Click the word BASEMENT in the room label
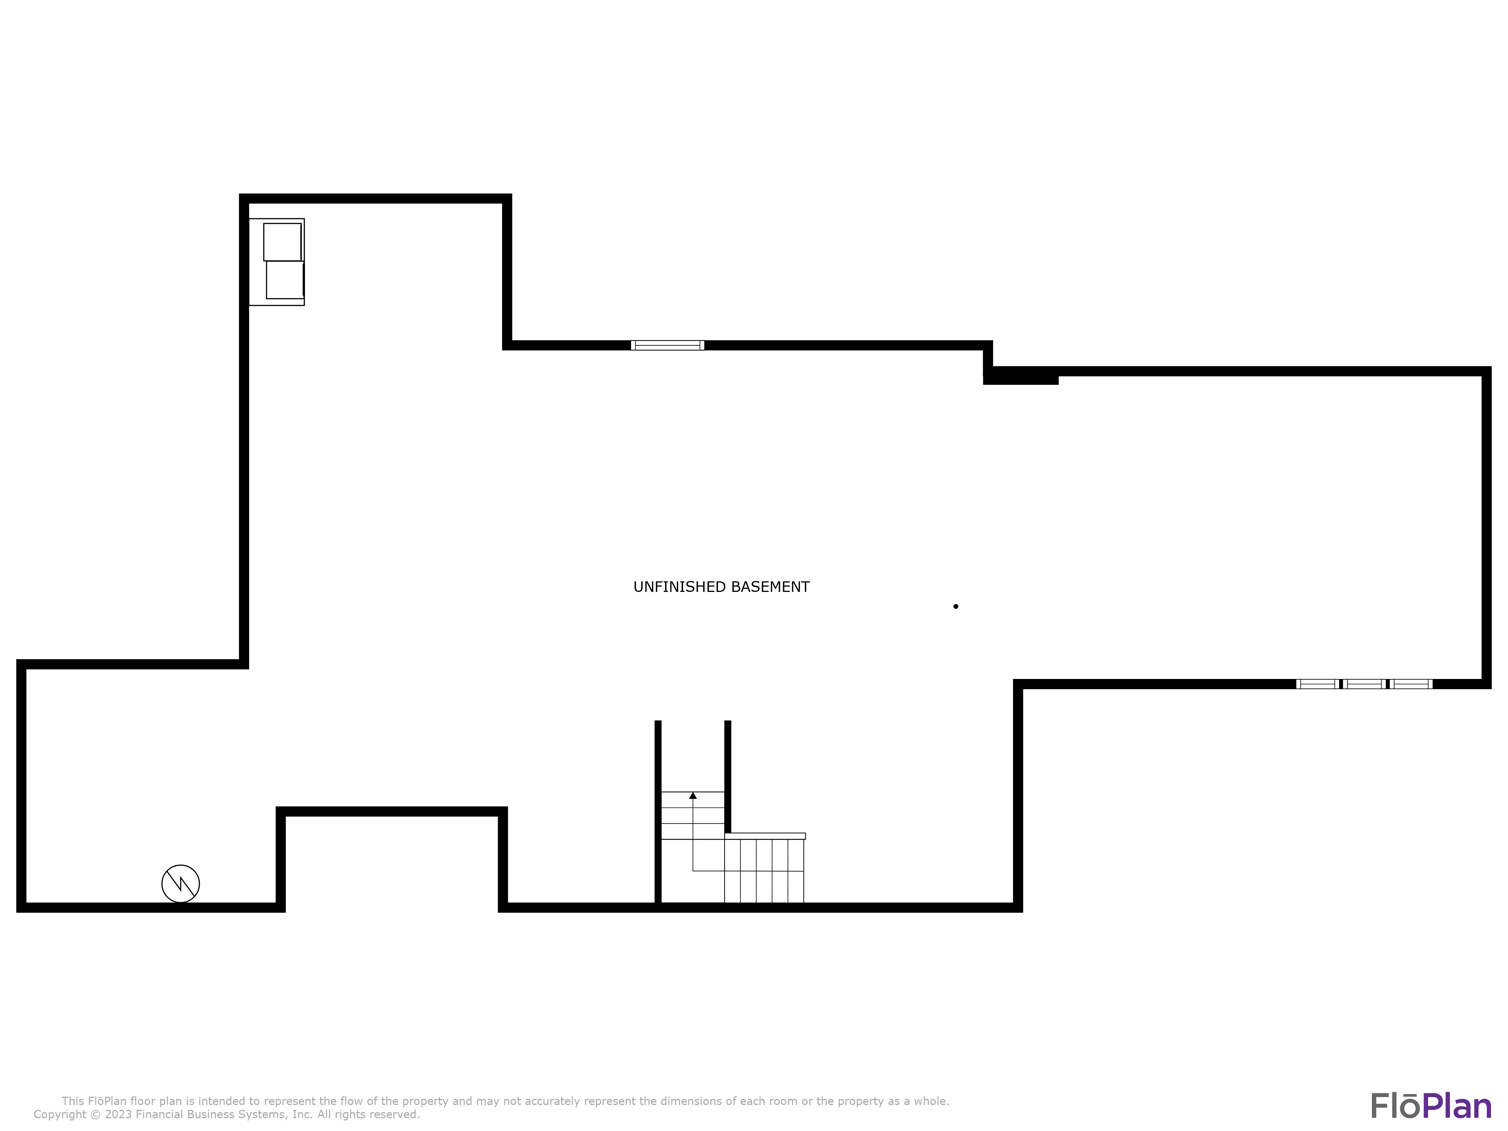(770, 587)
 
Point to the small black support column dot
(956, 606)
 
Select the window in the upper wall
(667, 345)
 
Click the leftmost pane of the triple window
(1317, 684)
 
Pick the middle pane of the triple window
(1364, 684)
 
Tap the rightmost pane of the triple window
(1410, 684)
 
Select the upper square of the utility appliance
(282, 242)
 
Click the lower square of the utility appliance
(285, 279)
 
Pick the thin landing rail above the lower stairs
(765, 836)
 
